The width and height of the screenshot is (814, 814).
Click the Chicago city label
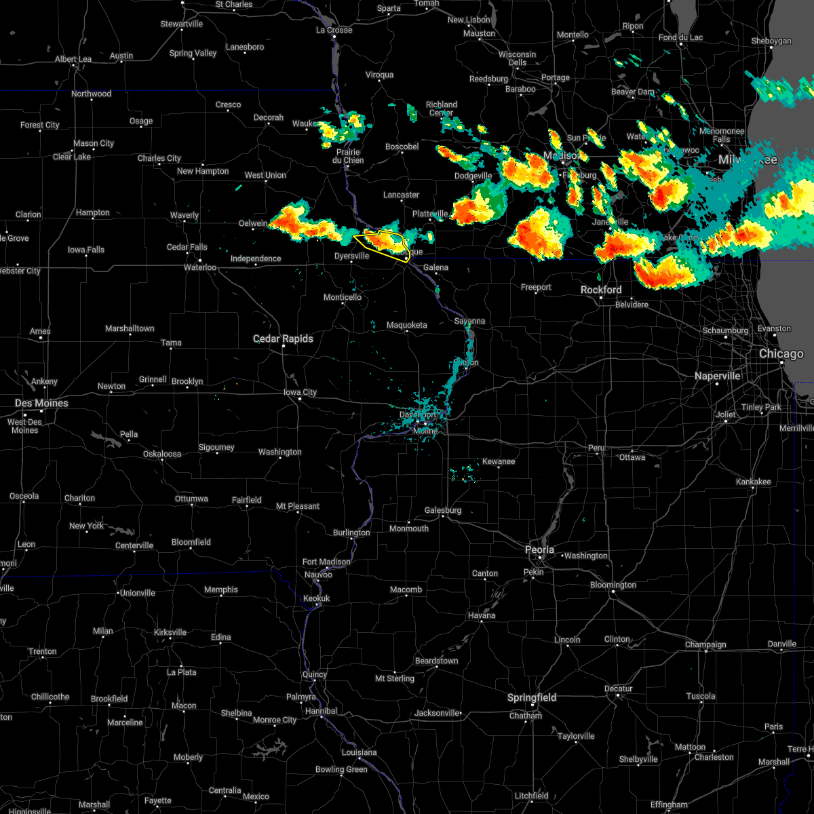(781, 354)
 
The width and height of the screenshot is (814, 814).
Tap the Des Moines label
(41, 404)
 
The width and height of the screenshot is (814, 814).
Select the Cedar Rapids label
(283, 338)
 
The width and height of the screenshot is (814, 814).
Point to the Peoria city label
(539, 550)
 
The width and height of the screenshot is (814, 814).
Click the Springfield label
(532, 697)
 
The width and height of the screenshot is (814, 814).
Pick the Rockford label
(600, 290)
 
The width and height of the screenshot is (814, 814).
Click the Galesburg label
(443, 510)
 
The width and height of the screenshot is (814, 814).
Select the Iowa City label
(300, 392)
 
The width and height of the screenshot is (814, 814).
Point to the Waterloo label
(200, 267)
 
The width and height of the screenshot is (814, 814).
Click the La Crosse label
(334, 30)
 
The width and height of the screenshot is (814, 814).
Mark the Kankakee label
(753, 482)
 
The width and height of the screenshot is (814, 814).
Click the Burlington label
(351, 532)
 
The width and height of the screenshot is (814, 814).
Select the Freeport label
(536, 288)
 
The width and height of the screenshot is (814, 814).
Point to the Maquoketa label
(407, 325)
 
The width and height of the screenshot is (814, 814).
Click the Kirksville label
(170, 632)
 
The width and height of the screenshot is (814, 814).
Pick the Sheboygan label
(771, 41)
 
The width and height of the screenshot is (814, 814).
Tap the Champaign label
(705, 644)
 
